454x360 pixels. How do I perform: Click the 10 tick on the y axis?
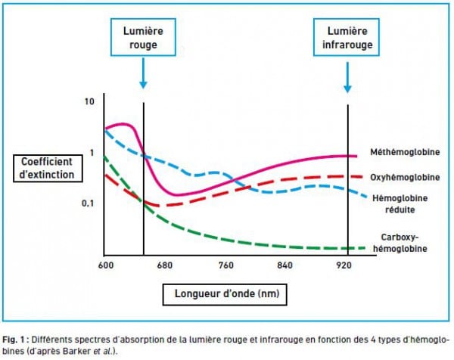click(x=89, y=101)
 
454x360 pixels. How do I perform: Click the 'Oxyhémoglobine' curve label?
click(x=405, y=177)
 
